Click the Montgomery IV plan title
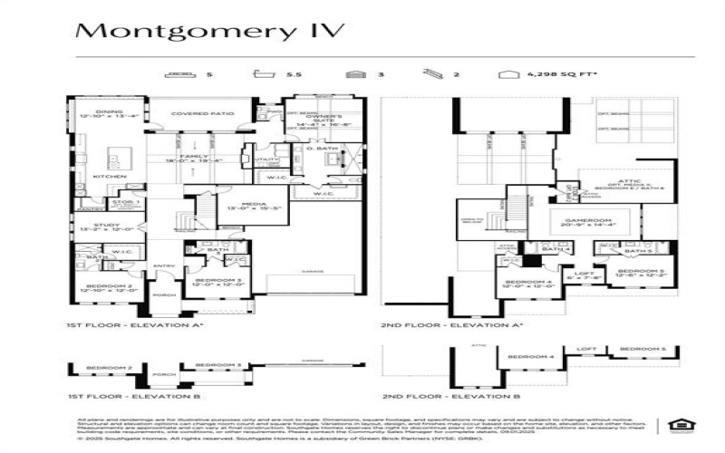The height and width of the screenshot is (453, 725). tap(209, 31)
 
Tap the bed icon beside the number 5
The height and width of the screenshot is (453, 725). tap(183, 74)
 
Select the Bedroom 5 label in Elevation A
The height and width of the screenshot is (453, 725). tap(635, 272)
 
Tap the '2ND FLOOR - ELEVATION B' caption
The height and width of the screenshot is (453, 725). tap(450, 396)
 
